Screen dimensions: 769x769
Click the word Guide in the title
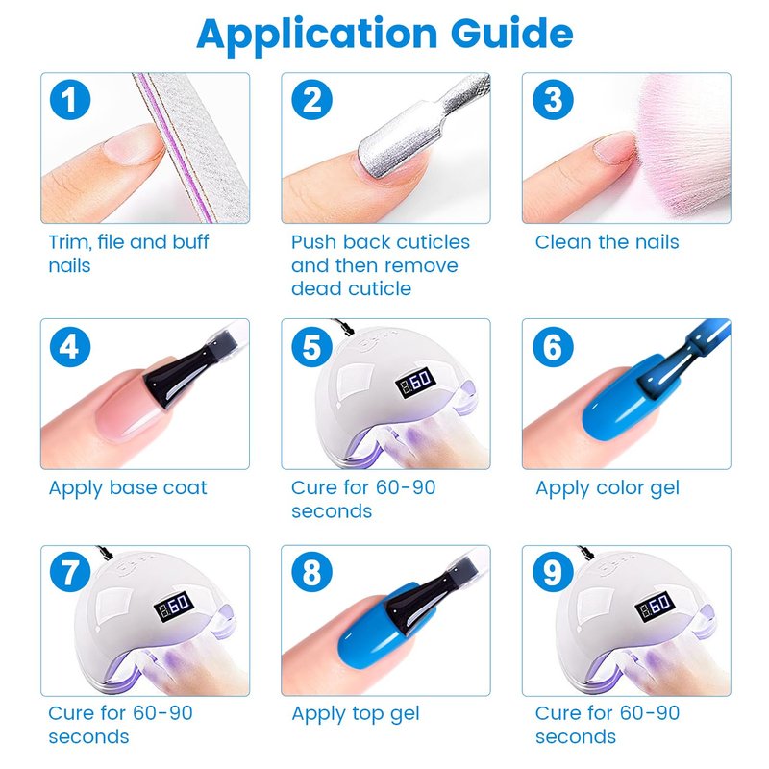[x=511, y=34]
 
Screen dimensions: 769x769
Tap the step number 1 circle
[x=70, y=100]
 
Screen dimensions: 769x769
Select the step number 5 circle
[x=311, y=347]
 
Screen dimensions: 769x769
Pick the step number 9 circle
[x=553, y=572]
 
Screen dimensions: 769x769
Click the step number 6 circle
[x=553, y=347]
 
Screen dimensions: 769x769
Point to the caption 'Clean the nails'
[x=608, y=242]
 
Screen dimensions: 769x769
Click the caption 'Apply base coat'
[x=128, y=488]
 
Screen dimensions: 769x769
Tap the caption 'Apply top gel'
[x=356, y=714]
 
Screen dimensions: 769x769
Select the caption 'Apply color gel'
[x=608, y=488]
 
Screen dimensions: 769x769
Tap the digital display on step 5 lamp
[x=415, y=382]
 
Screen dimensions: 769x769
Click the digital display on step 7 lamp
[x=174, y=607]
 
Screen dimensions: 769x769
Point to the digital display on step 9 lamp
[x=656, y=607]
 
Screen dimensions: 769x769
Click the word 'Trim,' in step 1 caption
[x=69, y=242]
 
